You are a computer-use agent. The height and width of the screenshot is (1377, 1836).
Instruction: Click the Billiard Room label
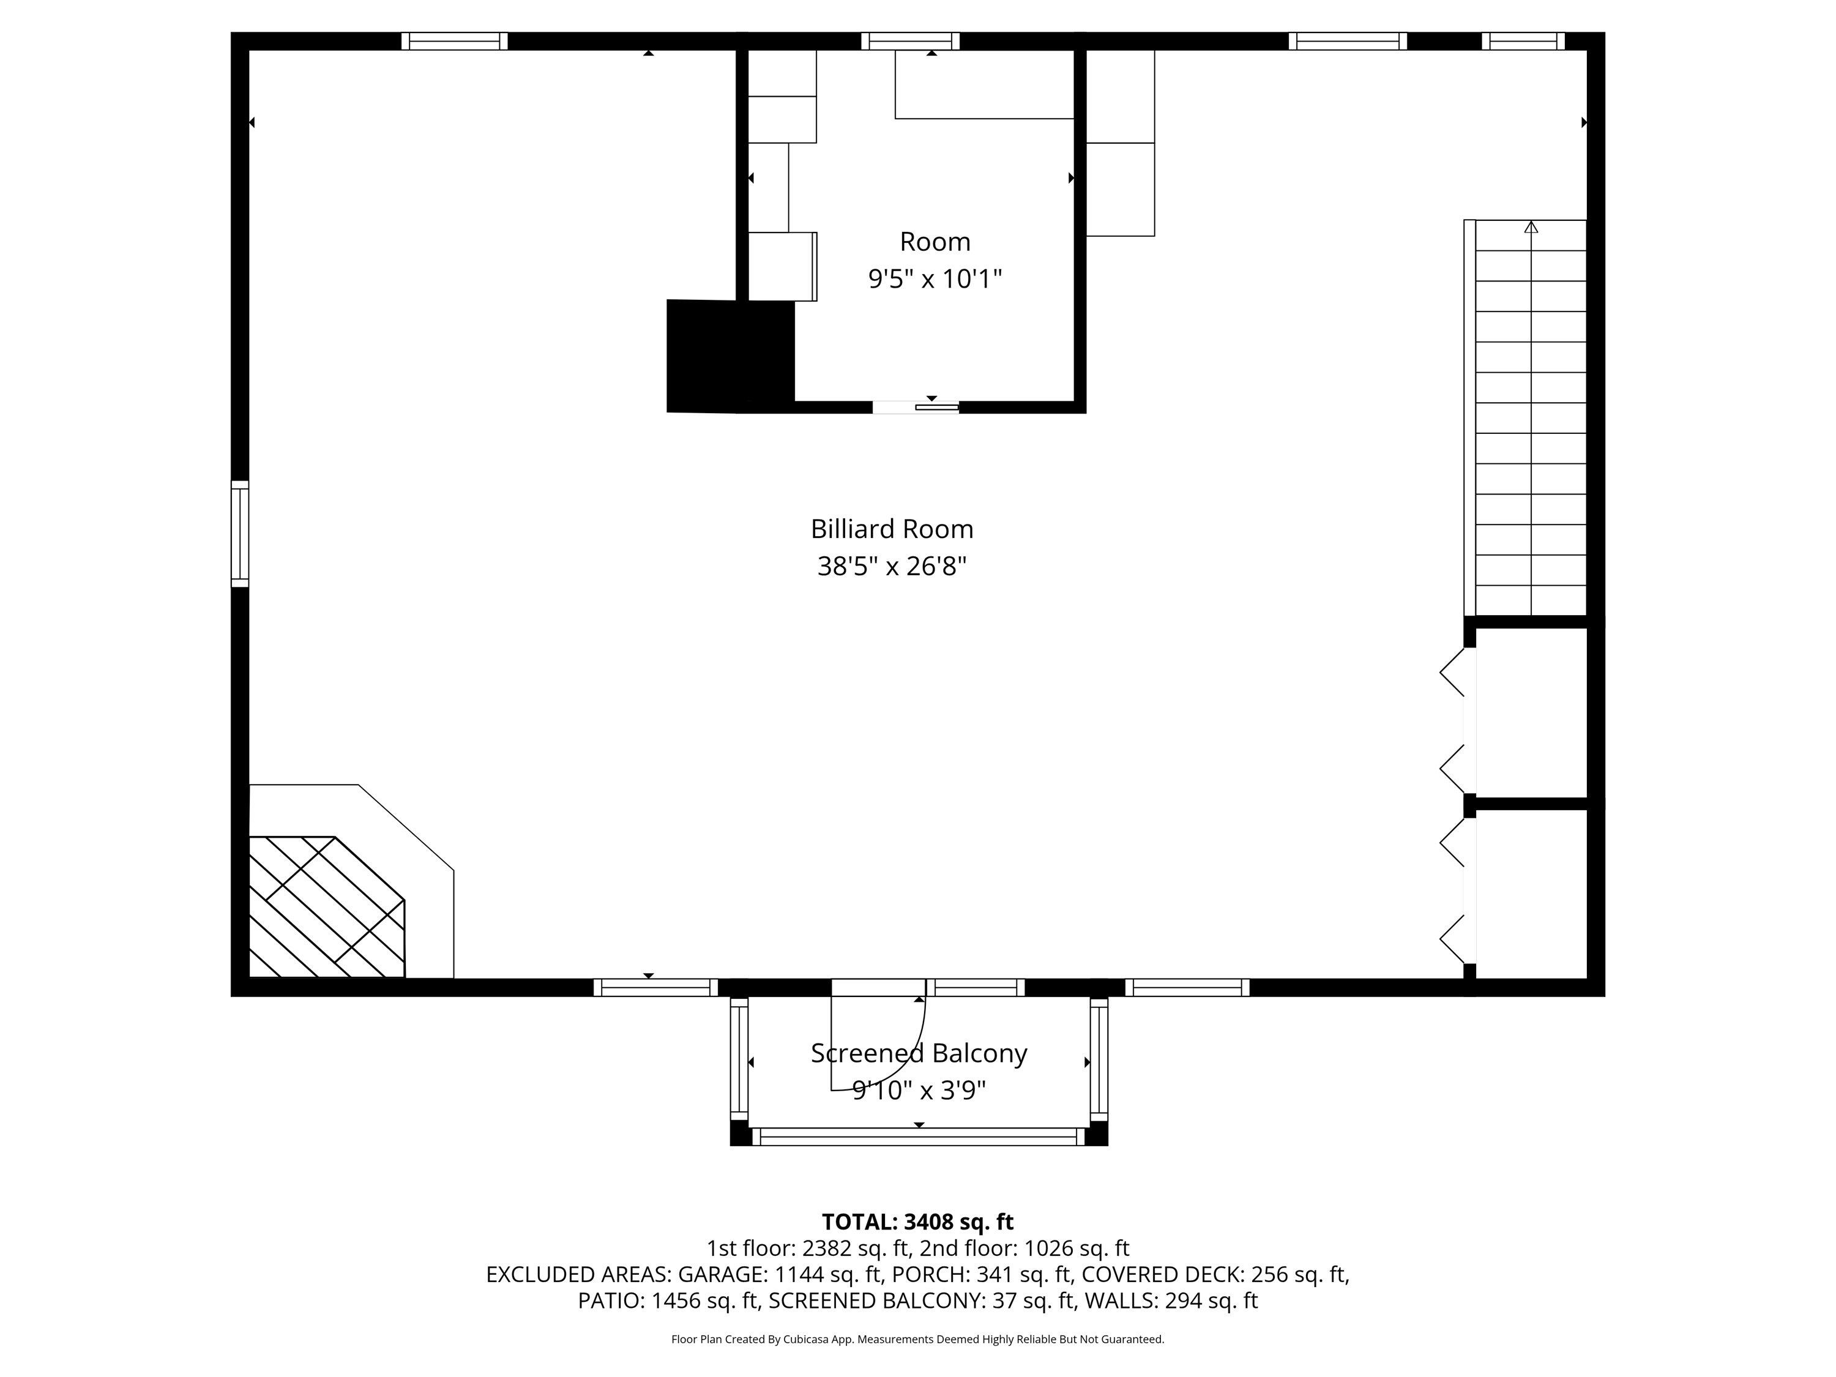pyautogui.click(x=892, y=529)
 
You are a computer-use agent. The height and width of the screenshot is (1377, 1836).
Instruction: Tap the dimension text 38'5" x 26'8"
pyautogui.click(x=892, y=567)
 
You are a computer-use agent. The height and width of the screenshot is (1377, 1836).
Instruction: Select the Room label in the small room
pyautogui.click(x=935, y=242)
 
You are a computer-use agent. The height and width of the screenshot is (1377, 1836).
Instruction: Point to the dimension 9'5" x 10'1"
pyautogui.click(x=935, y=279)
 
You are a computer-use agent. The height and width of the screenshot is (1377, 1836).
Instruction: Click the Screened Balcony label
pyautogui.click(x=918, y=1053)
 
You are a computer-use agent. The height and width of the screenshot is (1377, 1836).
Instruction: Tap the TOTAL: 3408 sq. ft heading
pyautogui.click(x=917, y=1222)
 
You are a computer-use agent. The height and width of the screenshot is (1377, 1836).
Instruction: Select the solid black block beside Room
pyautogui.click(x=729, y=355)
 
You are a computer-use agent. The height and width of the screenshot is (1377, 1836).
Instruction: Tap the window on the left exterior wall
pyautogui.click(x=240, y=534)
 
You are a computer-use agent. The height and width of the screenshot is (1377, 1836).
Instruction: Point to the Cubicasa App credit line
pyautogui.click(x=917, y=1339)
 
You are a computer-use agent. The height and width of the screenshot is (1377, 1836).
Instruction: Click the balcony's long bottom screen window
pyautogui.click(x=918, y=1137)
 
